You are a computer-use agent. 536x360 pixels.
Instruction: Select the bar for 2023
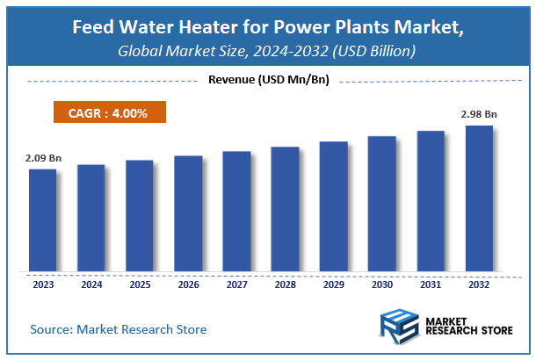(42, 220)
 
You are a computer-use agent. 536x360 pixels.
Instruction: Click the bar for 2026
(188, 213)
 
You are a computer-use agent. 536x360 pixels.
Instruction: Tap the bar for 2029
(333, 205)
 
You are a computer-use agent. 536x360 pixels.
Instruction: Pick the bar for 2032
(479, 198)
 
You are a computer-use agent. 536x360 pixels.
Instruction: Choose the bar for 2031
(431, 201)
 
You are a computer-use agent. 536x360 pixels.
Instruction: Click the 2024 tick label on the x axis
(91, 284)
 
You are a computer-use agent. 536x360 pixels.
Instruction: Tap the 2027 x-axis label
(236, 284)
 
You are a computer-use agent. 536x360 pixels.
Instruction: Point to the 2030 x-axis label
(382, 284)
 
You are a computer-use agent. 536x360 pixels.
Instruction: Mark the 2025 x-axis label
(140, 284)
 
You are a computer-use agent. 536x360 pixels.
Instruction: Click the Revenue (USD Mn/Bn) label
(267, 81)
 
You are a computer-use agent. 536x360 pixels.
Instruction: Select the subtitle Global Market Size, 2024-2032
(267, 52)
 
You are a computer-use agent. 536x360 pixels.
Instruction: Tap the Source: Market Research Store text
(119, 329)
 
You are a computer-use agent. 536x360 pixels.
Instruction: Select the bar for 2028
(285, 209)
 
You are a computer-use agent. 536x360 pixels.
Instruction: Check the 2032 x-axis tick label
(479, 284)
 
